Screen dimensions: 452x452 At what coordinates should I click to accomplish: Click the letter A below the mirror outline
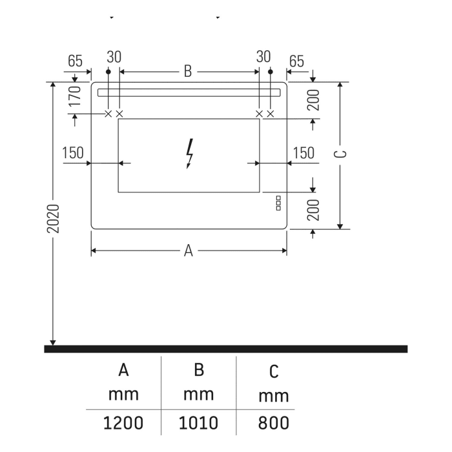(189, 251)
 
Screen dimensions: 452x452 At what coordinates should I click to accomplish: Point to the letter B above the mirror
(188, 72)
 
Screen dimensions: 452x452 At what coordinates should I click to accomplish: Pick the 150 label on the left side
(73, 153)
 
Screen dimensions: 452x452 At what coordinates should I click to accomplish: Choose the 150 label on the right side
(303, 153)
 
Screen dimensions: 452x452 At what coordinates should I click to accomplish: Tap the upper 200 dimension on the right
(314, 101)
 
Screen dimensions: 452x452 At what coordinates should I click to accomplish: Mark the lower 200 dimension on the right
(314, 210)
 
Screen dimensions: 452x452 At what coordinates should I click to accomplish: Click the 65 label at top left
(75, 61)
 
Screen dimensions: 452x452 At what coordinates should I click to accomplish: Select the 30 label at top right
(263, 57)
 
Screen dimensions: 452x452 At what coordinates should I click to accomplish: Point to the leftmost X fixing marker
(108, 114)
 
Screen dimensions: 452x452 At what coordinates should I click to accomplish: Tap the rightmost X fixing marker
(270, 114)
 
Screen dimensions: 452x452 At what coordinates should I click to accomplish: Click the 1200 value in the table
(123, 424)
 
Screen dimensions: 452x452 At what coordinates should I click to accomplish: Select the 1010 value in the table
(199, 424)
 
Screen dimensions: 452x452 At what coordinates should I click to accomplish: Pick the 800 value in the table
(274, 424)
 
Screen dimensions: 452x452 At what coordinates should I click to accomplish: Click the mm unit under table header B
(199, 394)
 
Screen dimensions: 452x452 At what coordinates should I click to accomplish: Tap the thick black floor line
(225, 349)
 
